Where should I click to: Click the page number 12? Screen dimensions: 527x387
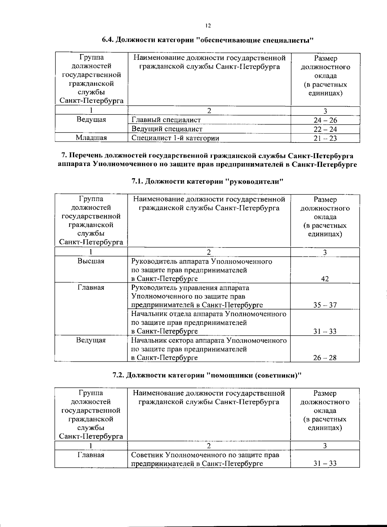pyautogui.click(x=208, y=26)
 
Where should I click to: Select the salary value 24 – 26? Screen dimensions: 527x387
pyautogui.click(x=325, y=121)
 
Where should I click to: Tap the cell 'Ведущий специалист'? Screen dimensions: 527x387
pyautogui.click(x=167, y=129)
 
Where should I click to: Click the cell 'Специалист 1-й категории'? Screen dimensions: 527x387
pyautogui.click(x=175, y=138)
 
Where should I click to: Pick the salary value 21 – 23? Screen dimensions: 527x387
pyautogui.click(x=325, y=138)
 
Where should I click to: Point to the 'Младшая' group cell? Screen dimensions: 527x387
pyautogui.click(x=91, y=138)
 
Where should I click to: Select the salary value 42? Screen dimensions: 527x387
pyautogui.click(x=325, y=279)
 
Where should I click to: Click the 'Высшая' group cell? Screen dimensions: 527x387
pyautogui.click(x=91, y=261)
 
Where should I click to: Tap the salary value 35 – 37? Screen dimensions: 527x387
pyautogui.click(x=325, y=305)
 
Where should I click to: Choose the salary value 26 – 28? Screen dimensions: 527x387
pyautogui.click(x=325, y=358)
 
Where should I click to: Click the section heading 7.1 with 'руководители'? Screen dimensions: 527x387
pyautogui.click(x=207, y=181)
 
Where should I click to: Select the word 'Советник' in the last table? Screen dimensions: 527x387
pyautogui.click(x=147, y=455)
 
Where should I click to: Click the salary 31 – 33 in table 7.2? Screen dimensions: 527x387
pyautogui.click(x=325, y=464)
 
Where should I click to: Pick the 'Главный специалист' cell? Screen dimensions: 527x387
pyautogui.click(x=166, y=120)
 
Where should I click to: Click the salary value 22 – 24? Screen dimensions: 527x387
pyautogui.click(x=325, y=130)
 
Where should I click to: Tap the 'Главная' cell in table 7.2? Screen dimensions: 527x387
pyautogui.click(x=91, y=455)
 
